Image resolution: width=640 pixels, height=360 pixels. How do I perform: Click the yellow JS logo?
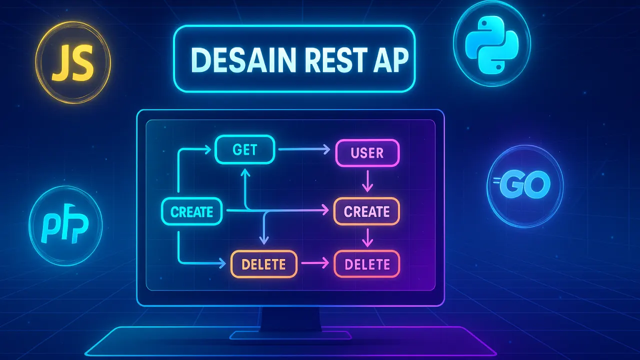(73, 63)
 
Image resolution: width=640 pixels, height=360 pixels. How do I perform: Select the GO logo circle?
(524, 186)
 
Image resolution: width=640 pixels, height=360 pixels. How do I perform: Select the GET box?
(245, 149)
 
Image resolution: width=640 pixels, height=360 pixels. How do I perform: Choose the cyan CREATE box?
(191, 211)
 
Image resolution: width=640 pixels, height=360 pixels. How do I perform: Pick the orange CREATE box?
(366, 211)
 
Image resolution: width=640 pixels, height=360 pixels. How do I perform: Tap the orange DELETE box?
(263, 263)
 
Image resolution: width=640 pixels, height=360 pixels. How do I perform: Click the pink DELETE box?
(367, 263)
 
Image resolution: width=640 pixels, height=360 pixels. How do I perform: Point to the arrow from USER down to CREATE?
(367, 181)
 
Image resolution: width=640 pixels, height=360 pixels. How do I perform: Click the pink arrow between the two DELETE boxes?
(315, 263)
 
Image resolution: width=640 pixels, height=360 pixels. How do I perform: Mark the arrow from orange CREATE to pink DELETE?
(367, 237)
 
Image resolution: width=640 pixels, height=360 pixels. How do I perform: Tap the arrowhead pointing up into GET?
(245, 171)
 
